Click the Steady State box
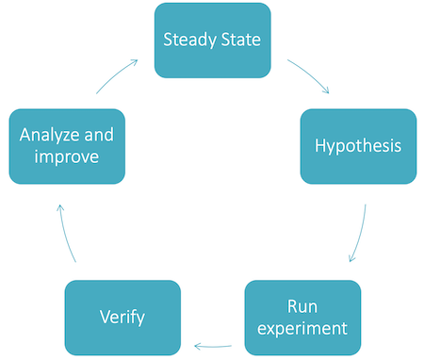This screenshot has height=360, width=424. [212, 40]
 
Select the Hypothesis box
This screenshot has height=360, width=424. [358, 146]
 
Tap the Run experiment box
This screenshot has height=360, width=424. [302, 317]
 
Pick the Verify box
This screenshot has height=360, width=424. [122, 317]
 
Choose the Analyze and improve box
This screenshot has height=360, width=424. [66, 146]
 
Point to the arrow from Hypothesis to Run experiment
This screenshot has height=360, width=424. [359, 235]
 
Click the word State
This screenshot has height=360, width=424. [240, 40]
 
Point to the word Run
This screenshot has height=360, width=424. [302, 306]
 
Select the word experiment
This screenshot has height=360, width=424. [302, 328]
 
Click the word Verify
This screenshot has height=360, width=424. [122, 317]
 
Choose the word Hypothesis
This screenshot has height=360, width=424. [358, 146]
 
